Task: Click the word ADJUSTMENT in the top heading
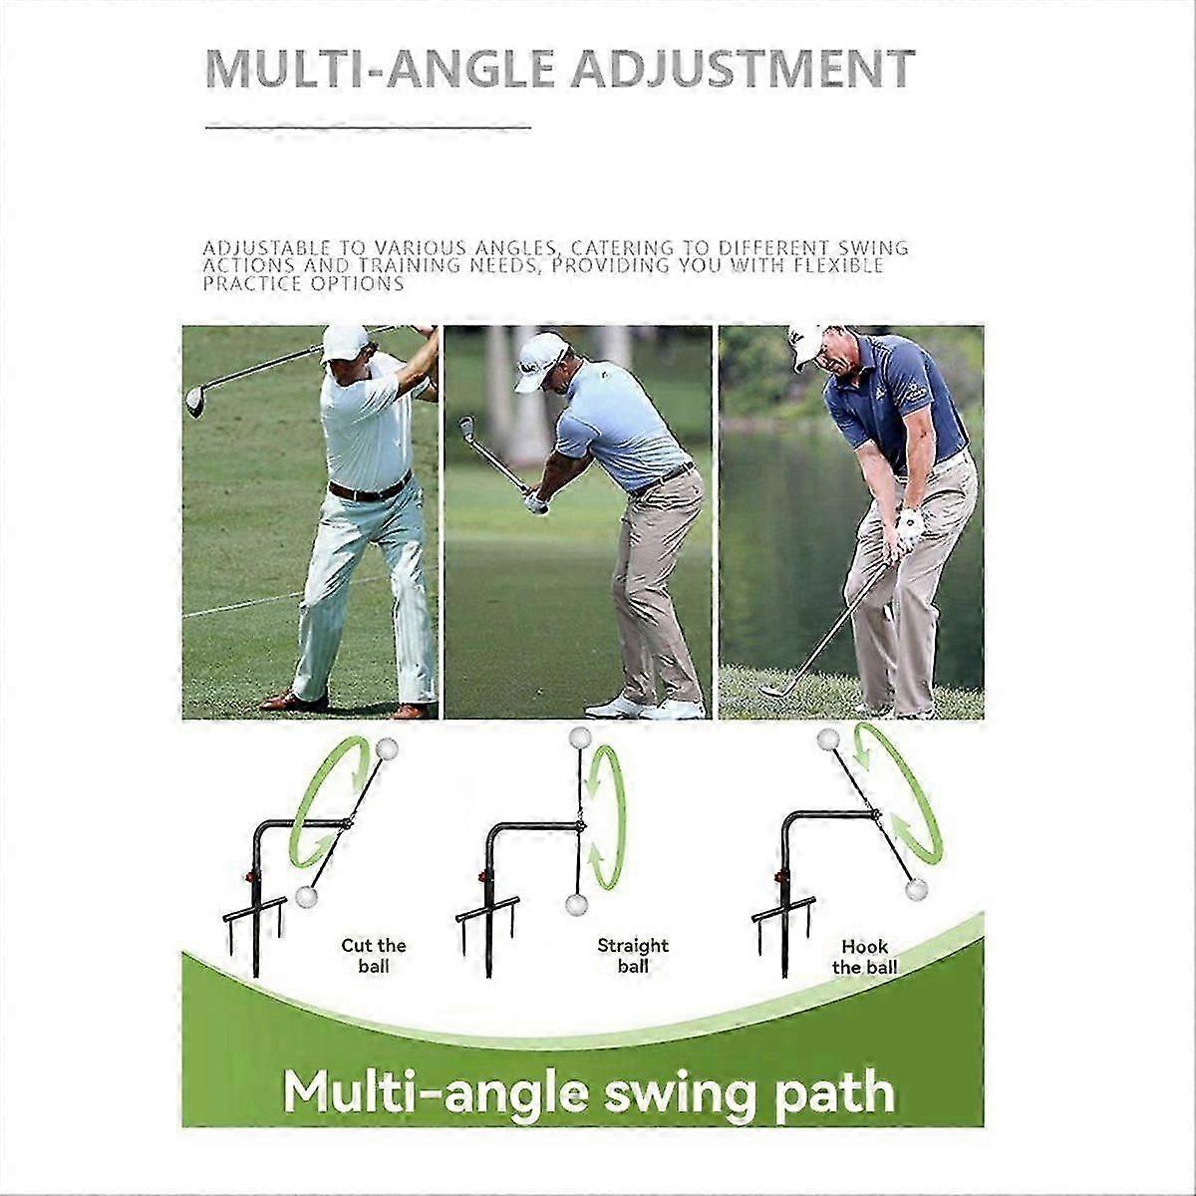pos(743,69)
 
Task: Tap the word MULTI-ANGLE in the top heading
pos(379,69)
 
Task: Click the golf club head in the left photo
pos(195,401)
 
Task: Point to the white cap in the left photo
pos(345,343)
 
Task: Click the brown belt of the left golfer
pos(370,488)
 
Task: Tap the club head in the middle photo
pos(466,428)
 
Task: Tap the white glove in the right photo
pos(909,529)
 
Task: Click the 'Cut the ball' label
pos(374,956)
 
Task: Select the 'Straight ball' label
pos(633,956)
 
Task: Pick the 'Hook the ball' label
pos(864,957)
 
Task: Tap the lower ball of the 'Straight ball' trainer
pos(577,904)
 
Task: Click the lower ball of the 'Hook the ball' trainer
pos(916,889)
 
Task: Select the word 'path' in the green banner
pos(835,1092)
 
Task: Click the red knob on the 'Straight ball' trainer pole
pos(482,877)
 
